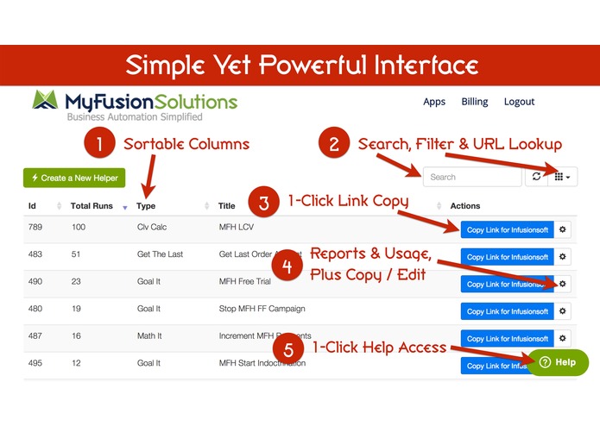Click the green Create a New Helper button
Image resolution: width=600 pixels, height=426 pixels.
click(75, 178)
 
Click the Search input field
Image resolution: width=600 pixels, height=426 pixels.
click(471, 177)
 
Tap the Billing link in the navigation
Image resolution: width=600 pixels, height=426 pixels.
click(475, 102)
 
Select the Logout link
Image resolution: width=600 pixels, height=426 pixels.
click(519, 102)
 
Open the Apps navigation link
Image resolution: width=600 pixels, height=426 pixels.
click(434, 102)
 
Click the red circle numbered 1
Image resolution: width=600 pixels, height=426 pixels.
click(100, 144)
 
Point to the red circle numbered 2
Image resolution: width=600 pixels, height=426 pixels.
click(334, 144)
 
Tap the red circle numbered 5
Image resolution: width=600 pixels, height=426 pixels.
click(287, 348)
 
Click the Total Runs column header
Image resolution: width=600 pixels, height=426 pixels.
click(93, 206)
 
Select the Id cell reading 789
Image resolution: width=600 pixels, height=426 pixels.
click(35, 229)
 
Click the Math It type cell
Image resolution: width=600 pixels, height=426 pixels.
click(151, 339)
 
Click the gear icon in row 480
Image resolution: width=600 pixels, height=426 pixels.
click(562, 311)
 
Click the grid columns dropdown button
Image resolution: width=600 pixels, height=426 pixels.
click(563, 177)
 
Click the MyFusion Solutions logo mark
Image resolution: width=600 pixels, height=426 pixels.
click(47, 103)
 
